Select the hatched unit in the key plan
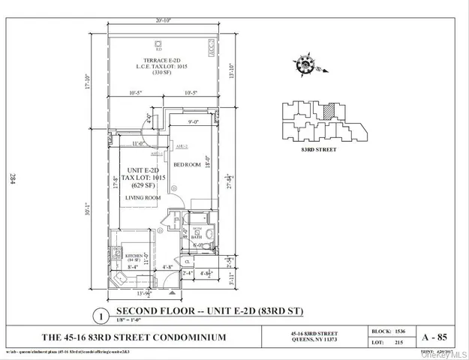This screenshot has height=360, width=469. [x=327, y=110]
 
